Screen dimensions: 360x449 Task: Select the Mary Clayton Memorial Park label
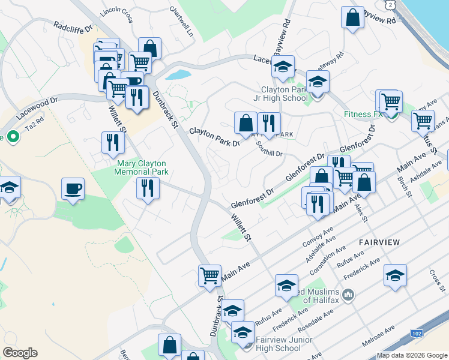[142, 167]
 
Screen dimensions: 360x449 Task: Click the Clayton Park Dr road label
[214, 136]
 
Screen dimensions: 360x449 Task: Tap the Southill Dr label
[269, 149]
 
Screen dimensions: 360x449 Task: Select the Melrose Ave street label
[378, 335]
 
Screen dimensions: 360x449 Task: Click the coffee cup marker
[73, 190]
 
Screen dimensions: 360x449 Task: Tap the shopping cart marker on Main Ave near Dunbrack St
[209, 276]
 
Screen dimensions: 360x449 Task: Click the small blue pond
[178, 76]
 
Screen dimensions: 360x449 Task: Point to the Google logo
[20, 353]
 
